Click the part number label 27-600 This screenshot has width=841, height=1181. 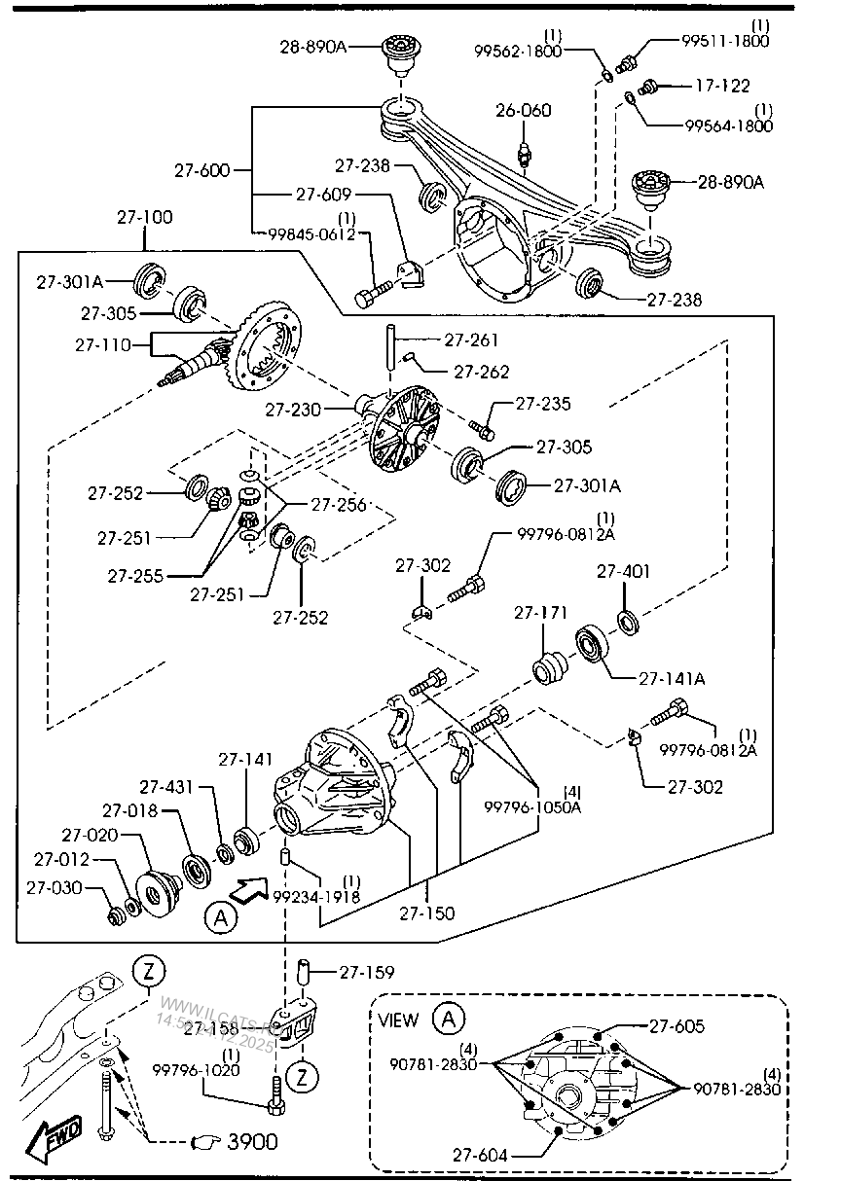pos(201,170)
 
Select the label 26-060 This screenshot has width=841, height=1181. pos(523,110)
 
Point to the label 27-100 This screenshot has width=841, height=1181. pos(144,217)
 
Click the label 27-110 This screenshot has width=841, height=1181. pos(102,344)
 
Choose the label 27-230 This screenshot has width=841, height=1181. pos(293,411)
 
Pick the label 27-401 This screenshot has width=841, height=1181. pos(623,571)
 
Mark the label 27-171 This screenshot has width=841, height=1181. pos(540,613)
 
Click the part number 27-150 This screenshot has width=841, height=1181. pos(427,913)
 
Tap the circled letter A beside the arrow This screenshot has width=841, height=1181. pos(220,917)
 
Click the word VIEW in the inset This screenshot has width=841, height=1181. pos(398,1020)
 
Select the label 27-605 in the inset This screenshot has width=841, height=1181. pos(677,1025)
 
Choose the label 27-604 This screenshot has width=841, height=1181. pos(480,1155)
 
